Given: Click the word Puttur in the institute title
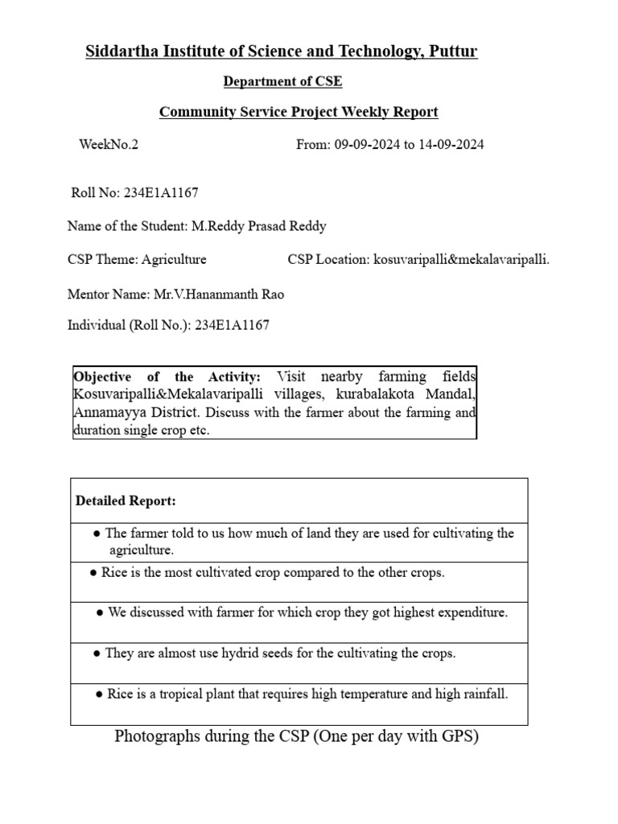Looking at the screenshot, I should [453, 51].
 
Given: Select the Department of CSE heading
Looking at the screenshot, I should [282, 81].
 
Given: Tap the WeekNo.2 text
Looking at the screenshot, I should [109, 145].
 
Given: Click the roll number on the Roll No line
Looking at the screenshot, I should [161, 193].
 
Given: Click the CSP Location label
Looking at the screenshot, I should [328, 259].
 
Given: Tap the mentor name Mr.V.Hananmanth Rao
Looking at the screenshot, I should [217, 295].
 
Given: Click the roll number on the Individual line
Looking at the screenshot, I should [232, 325].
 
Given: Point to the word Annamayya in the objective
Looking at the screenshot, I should [105, 412].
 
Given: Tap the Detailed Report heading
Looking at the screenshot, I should [126, 501].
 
